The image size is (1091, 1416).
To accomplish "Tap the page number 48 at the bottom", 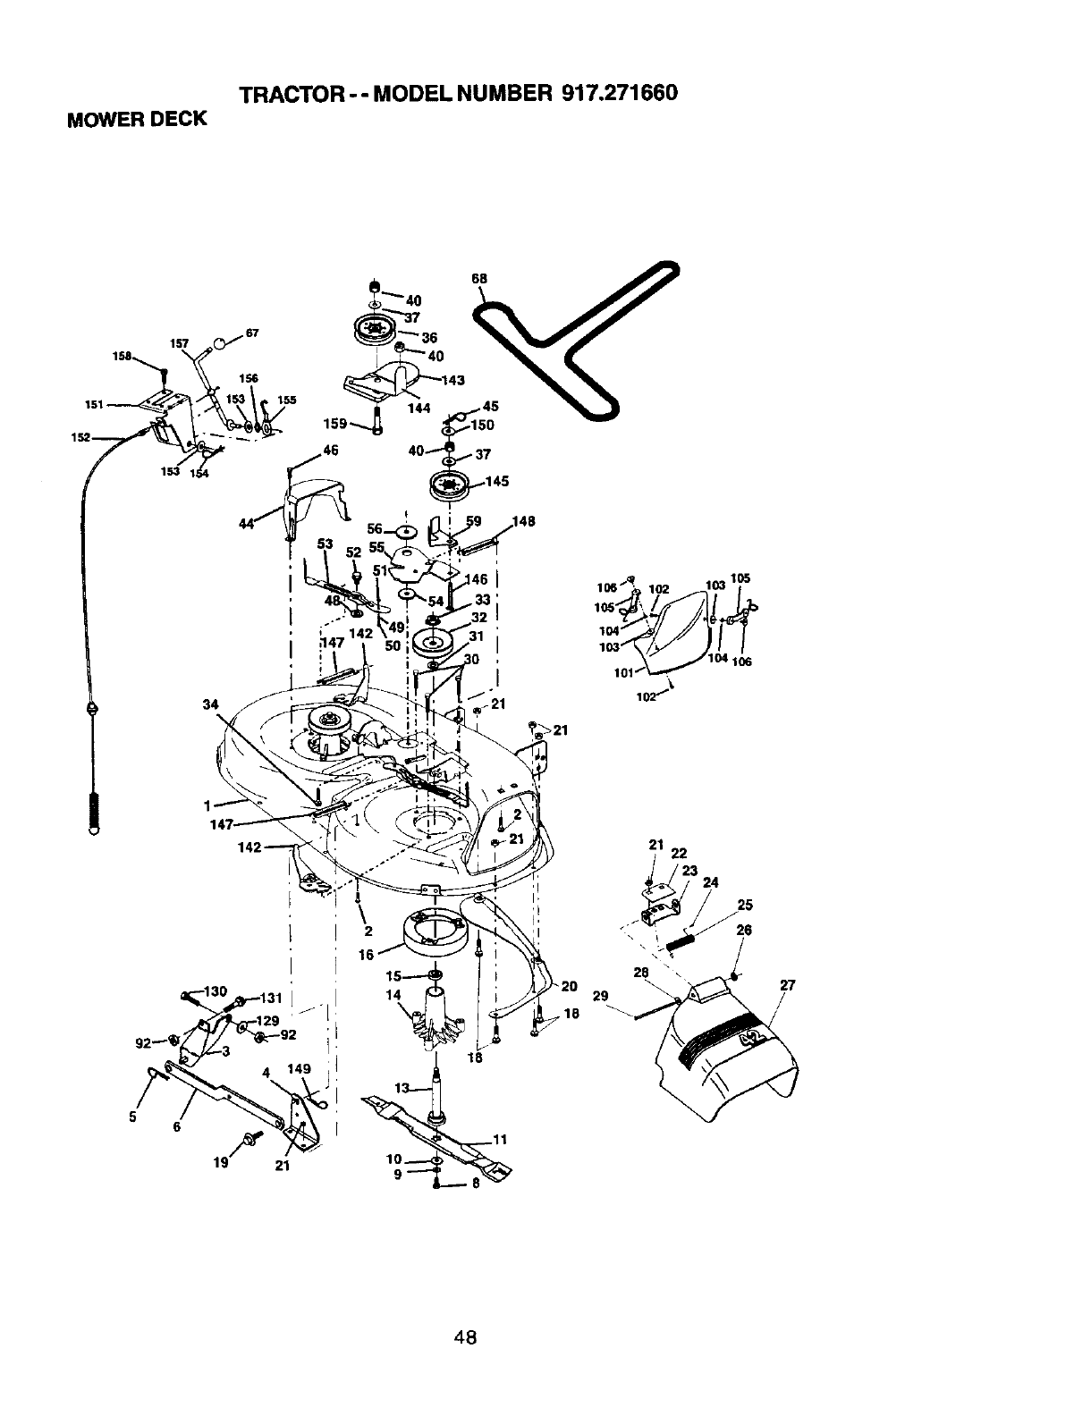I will pos(465,1313).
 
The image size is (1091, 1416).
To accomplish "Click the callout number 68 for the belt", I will pos(479,278).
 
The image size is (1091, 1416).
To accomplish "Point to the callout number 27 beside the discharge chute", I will pos(787,987).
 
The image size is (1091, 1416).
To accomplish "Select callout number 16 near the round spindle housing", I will pos(367,955).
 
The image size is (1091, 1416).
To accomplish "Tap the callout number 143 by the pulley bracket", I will pos(453,380).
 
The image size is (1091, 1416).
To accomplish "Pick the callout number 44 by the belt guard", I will pos(244,524).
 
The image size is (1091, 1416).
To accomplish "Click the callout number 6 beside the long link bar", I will pos(177,1127).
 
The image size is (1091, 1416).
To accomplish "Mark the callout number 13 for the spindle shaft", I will pos(402,1088).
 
